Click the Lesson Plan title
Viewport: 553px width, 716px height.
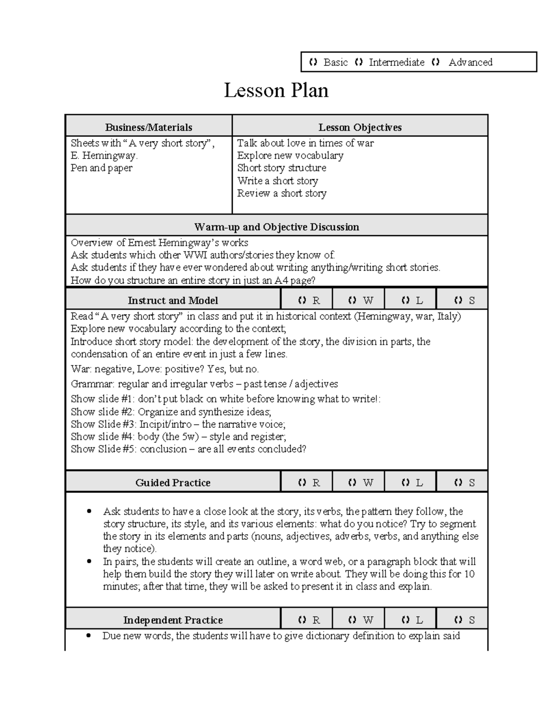click(276, 90)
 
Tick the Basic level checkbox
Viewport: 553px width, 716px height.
click(313, 62)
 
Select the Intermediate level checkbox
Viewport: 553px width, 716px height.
click(359, 62)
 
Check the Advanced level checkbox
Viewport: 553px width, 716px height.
click(435, 62)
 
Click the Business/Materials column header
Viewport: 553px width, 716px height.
click(148, 127)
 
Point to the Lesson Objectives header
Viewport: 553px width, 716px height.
click(360, 127)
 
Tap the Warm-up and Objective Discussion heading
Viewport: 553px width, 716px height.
click(276, 227)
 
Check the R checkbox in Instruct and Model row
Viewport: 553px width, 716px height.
click(302, 301)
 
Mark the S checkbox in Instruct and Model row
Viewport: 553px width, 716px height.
click(458, 301)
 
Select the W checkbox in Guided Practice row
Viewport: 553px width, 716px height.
click(353, 483)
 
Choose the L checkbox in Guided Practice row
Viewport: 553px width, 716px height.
click(406, 483)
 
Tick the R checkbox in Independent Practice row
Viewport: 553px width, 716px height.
click(302, 620)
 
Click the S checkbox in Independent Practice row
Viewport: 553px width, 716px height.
click(458, 620)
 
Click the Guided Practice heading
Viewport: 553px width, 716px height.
click(173, 483)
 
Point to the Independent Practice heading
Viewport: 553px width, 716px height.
click(173, 620)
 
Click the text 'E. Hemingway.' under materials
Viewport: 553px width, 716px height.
click(104, 156)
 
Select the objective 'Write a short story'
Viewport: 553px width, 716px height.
click(277, 181)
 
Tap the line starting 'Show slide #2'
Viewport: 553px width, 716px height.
click(171, 412)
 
